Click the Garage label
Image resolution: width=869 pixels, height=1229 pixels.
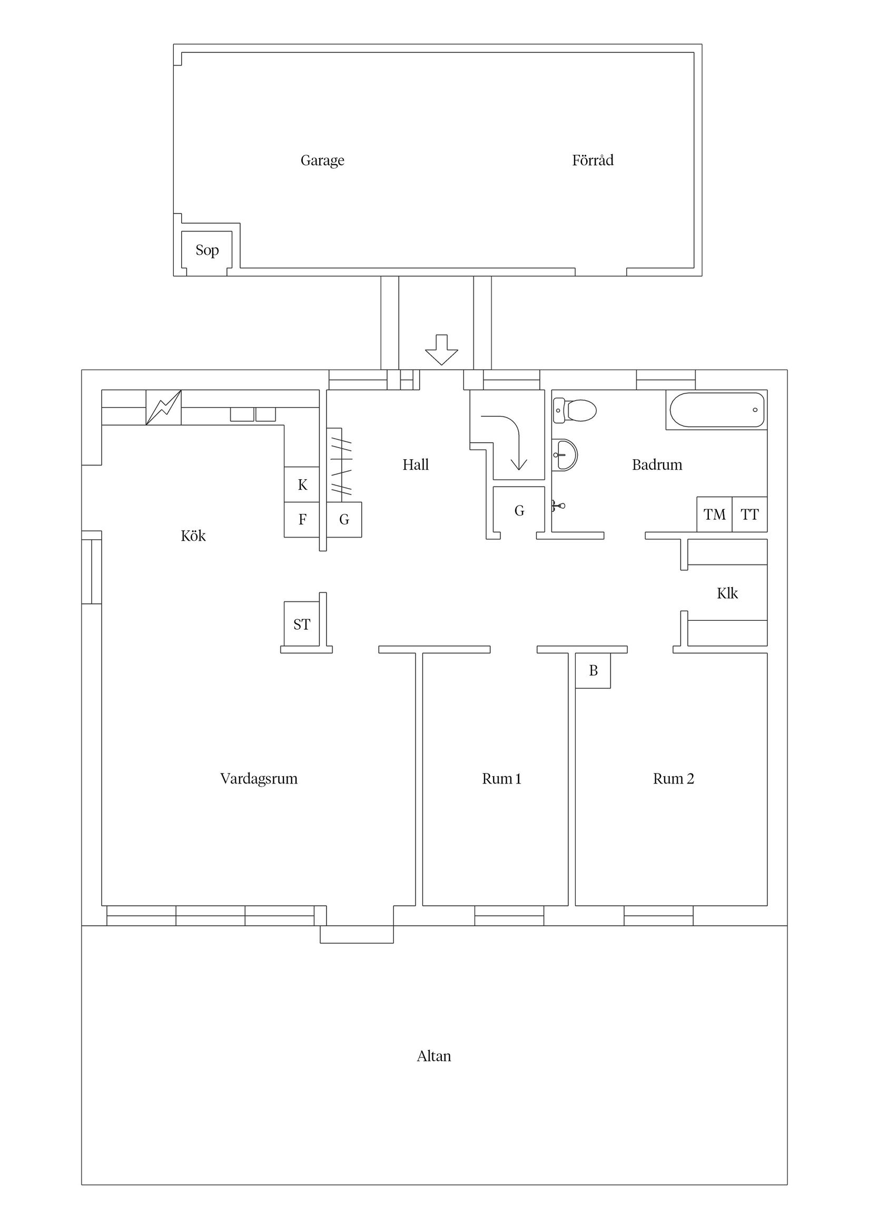tap(322, 161)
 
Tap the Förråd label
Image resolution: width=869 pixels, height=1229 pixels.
tap(592, 161)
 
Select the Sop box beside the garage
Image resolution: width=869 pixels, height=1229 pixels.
tap(206, 250)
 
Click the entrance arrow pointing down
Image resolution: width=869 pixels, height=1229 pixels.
tap(441, 350)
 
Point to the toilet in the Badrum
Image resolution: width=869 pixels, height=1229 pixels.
tap(576, 411)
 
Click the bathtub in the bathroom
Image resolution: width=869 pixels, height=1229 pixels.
tap(716, 410)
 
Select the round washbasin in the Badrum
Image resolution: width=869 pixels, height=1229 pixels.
tap(565, 455)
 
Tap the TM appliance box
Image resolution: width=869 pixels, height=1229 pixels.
tap(714, 514)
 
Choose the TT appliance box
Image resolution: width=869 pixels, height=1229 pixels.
tap(749, 514)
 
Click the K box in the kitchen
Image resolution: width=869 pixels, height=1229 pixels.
tap(302, 485)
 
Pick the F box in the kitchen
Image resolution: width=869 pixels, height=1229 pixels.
tap(302, 519)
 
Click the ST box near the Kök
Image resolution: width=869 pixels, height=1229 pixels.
tap(301, 624)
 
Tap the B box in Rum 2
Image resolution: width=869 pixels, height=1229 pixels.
tap(592, 671)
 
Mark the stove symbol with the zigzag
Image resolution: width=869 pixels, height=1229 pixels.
tap(163, 408)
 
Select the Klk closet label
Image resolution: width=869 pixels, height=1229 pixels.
tap(727, 593)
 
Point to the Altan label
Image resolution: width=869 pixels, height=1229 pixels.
tap(433, 1056)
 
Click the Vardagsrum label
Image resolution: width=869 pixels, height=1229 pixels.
tap(259, 779)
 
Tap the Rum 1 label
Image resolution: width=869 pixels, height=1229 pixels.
tap(501, 779)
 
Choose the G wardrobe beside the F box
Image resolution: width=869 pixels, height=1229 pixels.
tap(344, 519)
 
